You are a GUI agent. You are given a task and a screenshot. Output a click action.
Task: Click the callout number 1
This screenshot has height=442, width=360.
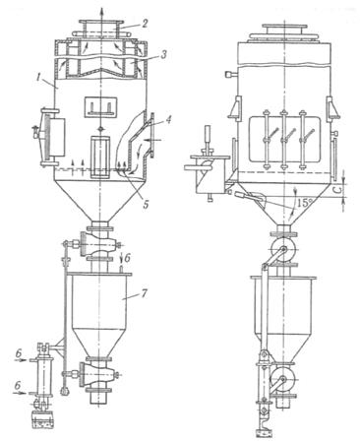(39, 79)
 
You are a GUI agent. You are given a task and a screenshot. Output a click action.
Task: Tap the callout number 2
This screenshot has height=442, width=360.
(145, 24)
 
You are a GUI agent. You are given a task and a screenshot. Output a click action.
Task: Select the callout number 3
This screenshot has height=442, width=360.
(163, 54)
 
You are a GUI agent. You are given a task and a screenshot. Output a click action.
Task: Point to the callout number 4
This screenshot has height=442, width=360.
(167, 119)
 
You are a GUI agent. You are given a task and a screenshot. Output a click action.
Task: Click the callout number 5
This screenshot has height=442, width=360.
(145, 204)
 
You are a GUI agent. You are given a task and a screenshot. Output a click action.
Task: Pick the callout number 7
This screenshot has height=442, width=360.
(145, 292)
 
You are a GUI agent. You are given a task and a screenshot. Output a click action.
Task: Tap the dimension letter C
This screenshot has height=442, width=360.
(340, 189)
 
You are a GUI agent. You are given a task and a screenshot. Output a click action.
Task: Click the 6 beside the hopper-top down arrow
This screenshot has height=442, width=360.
(128, 258)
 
